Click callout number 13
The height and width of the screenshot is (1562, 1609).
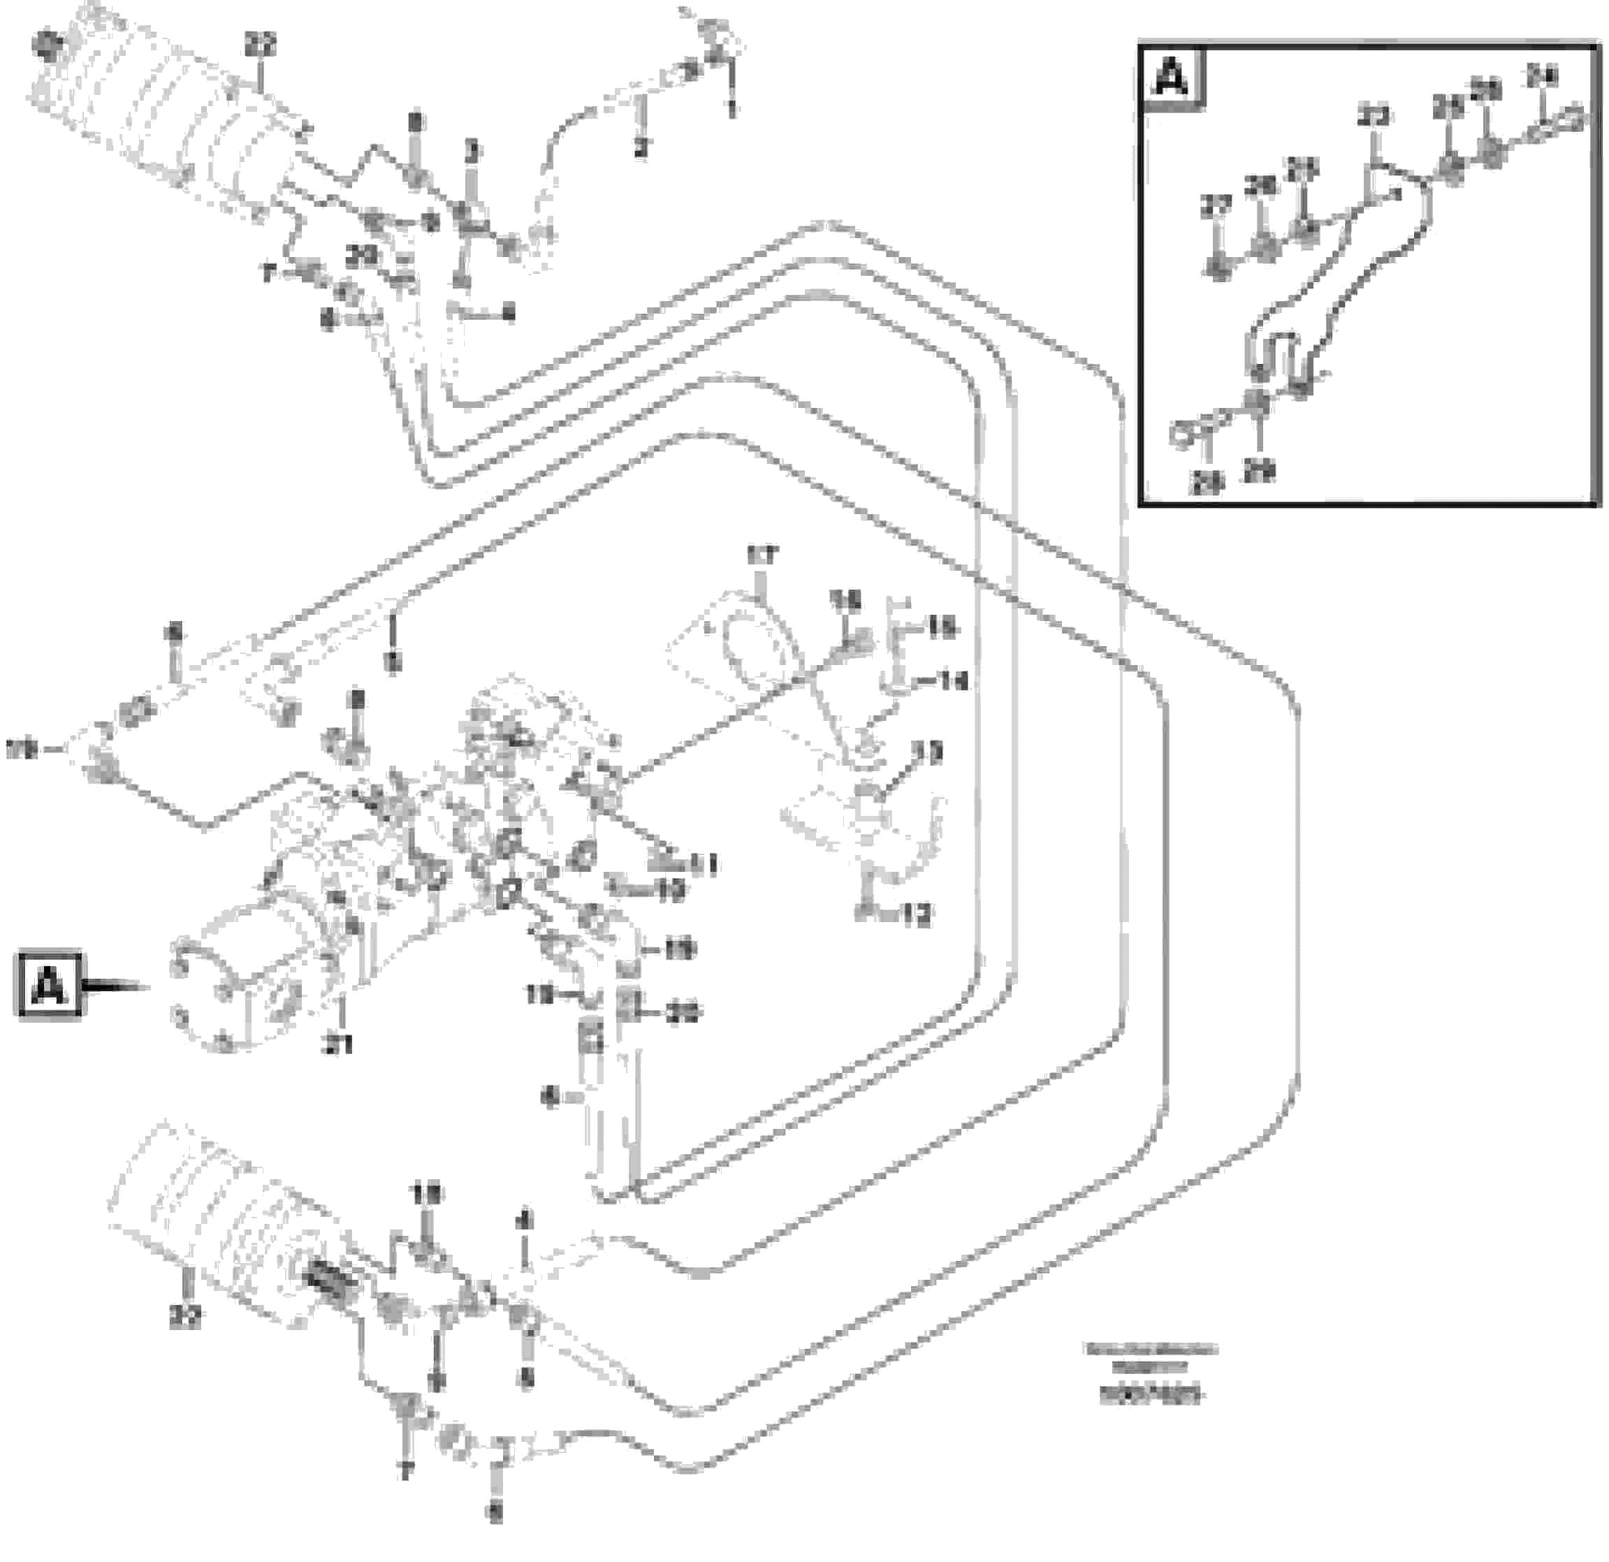tap(928, 752)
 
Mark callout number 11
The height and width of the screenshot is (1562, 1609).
tap(704, 863)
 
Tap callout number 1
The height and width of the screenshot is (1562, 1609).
tap(731, 109)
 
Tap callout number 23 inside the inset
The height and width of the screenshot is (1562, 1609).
tap(1374, 116)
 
